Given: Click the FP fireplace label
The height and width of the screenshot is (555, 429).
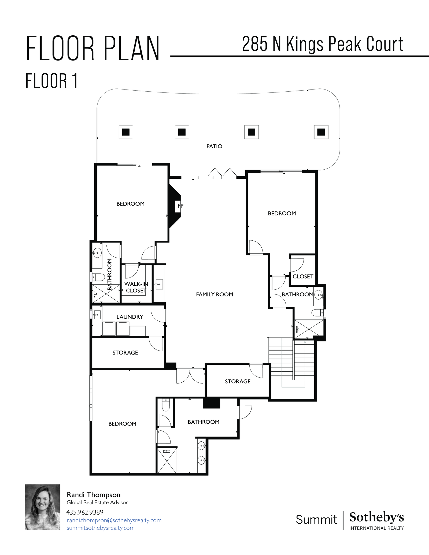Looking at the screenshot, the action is coord(180,206).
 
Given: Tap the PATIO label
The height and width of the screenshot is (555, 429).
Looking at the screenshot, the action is coord(214,146).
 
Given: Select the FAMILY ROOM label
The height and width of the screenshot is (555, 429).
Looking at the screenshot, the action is coord(214,294).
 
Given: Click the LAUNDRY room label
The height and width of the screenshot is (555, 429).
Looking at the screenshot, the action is coord(130,317).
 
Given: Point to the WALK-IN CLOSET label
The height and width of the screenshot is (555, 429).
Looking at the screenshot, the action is coord(136,287).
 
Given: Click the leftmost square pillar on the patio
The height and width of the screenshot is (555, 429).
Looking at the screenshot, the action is coord(126,132).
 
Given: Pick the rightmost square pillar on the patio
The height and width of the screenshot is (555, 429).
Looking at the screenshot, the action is coord(321,132).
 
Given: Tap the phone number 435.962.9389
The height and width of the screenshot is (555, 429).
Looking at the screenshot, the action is coord(85,512).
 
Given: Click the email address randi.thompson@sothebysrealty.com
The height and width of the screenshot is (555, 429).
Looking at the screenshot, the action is coord(114,520).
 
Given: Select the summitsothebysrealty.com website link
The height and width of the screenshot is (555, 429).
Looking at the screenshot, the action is coord(101,528).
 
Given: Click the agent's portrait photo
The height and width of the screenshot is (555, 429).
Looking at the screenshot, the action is coord(43,507).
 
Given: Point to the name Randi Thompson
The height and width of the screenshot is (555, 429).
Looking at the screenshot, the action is coord(93,495).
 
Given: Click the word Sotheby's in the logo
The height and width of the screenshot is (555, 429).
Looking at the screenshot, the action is coord(376,517).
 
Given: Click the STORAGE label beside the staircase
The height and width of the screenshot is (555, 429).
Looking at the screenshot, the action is coord(238,381).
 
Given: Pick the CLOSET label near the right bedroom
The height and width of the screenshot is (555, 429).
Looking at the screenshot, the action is coord(303,277).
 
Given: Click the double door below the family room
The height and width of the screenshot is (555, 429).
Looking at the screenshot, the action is coord(190,376).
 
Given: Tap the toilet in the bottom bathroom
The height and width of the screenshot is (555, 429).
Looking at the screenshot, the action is coord(166,405).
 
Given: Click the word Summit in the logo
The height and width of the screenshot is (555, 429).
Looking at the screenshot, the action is coord(316,519).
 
